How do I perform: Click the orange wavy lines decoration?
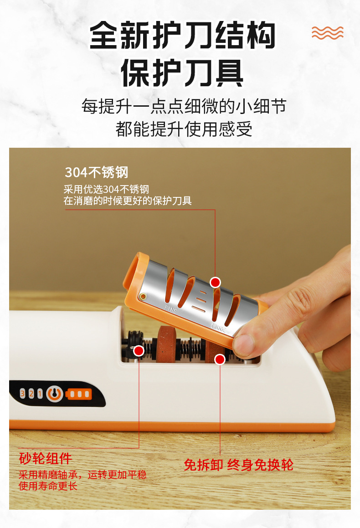click(x=327, y=33)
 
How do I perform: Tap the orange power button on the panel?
click(x=55, y=393)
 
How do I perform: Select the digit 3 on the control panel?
click(x=23, y=393)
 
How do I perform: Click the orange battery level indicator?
click(x=78, y=394)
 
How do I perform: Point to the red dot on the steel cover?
click(x=216, y=282)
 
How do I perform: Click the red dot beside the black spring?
click(x=139, y=351)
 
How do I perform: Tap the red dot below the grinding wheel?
click(x=220, y=360)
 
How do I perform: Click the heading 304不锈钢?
click(x=97, y=172)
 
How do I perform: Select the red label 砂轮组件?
click(x=46, y=458)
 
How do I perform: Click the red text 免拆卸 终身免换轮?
click(x=238, y=465)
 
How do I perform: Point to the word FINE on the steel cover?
click(x=170, y=309)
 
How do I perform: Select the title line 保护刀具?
click(x=182, y=72)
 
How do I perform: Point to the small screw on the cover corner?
click(x=143, y=296)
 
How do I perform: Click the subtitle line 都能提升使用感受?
click(x=184, y=129)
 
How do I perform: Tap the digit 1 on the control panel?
click(x=40, y=393)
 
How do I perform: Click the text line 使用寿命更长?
click(x=48, y=486)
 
